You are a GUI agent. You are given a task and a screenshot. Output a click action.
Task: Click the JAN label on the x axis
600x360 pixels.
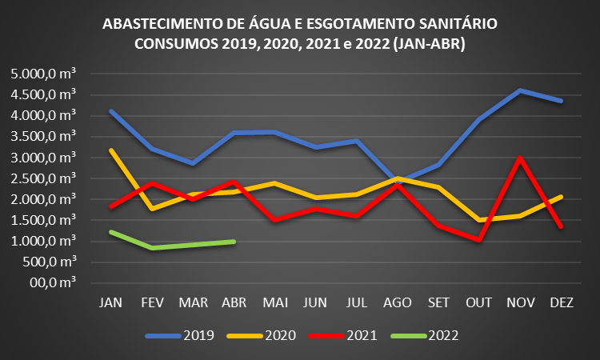coord(110,302)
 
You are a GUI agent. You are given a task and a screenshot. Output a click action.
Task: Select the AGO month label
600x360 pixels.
coord(398,302)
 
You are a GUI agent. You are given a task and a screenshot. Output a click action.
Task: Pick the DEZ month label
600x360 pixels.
coord(562,302)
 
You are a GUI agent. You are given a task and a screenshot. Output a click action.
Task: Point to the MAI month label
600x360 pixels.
coord(274,302)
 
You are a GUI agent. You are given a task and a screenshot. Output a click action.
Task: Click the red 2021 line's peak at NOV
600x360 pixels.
coord(521,158)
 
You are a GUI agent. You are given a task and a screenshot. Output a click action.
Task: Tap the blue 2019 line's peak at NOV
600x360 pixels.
coord(521,90)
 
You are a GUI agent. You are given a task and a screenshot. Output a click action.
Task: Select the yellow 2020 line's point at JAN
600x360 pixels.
coord(110,150)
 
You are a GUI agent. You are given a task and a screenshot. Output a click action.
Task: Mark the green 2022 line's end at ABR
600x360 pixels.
coord(234,241)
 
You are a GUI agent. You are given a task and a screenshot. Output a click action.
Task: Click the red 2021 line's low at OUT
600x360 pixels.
coord(480,239)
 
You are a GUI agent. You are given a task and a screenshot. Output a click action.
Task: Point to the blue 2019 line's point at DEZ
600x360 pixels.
coord(562,101)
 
